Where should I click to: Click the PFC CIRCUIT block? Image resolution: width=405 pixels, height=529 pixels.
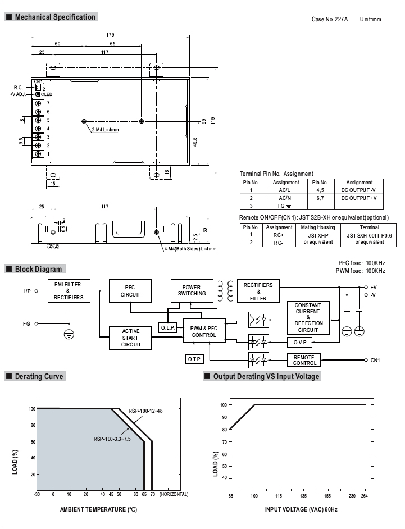coord(130,291)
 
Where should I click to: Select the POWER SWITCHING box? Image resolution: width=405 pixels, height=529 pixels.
coord(192,291)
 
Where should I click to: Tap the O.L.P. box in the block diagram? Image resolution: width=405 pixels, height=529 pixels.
coord(168,327)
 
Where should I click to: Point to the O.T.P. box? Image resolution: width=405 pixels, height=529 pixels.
coord(194,359)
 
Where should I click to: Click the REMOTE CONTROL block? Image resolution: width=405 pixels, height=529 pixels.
coord(304,360)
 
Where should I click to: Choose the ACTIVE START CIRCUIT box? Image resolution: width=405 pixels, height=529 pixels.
coord(130,338)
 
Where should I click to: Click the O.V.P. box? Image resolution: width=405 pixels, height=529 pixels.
coord(300,343)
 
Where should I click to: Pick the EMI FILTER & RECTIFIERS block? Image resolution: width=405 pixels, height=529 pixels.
coord(69,291)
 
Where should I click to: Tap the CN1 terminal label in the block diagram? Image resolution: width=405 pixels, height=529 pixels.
coord(375,361)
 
